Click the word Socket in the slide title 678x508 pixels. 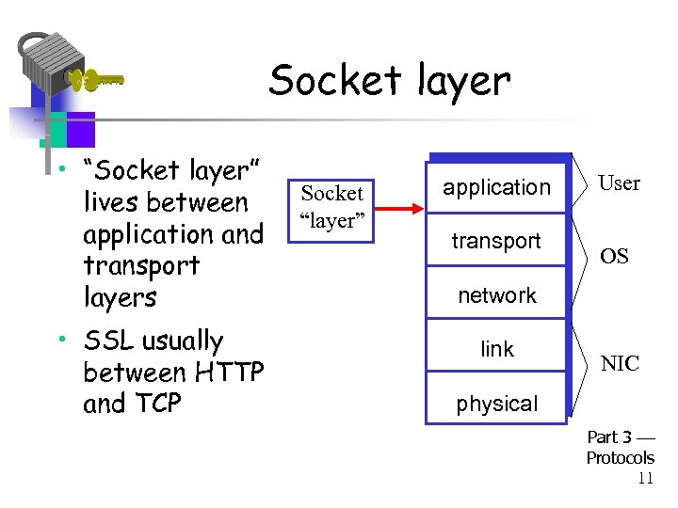pyautogui.click(x=329, y=81)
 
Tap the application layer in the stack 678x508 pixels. pyautogui.click(x=496, y=187)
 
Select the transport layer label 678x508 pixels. pyautogui.click(x=496, y=241)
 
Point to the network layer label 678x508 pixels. pyautogui.click(x=496, y=295)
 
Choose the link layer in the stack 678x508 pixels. pyautogui.click(x=496, y=349)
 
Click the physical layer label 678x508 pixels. pyautogui.click(x=496, y=404)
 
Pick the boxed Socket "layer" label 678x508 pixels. pyautogui.click(x=331, y=208)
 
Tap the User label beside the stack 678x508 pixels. pyautogui.click(x=619, y=183)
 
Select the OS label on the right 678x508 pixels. pyautogui.click(x=614, y=257)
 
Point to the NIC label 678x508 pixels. pyautogui.click(x=620, y=364)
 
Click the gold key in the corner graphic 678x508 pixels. pyautogui.click(x=94, y=81)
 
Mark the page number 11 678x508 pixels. pyautogui.click(x=645, y=478)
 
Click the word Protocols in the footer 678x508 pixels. pyautogui.click(x=620, y=458)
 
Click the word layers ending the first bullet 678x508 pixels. pyautogui.click(x=120, y=297)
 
